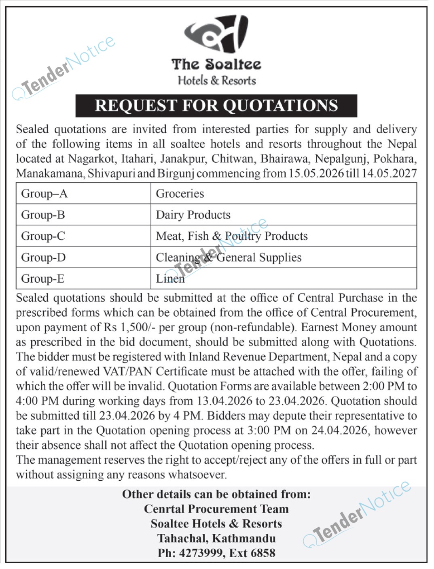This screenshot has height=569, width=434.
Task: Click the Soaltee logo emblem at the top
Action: (x=216, y=35)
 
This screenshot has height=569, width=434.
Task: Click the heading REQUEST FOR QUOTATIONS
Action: (x=216, y=106)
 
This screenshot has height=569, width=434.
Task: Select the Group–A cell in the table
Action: (x=44, y=194)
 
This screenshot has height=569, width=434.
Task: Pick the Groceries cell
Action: (x=180, y=194)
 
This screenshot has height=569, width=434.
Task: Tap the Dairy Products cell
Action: (x=193, y=215)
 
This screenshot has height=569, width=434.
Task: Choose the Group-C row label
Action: (x=43, y=236)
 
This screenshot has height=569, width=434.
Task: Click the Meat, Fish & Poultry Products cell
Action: (x=232, y=236)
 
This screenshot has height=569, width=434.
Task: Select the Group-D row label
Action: (x=43, y=258)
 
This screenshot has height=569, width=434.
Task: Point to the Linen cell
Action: (x=170, y=279)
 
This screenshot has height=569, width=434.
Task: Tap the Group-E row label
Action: (x=43, y=279)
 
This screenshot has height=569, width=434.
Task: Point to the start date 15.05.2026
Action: (x=316, y=173)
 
